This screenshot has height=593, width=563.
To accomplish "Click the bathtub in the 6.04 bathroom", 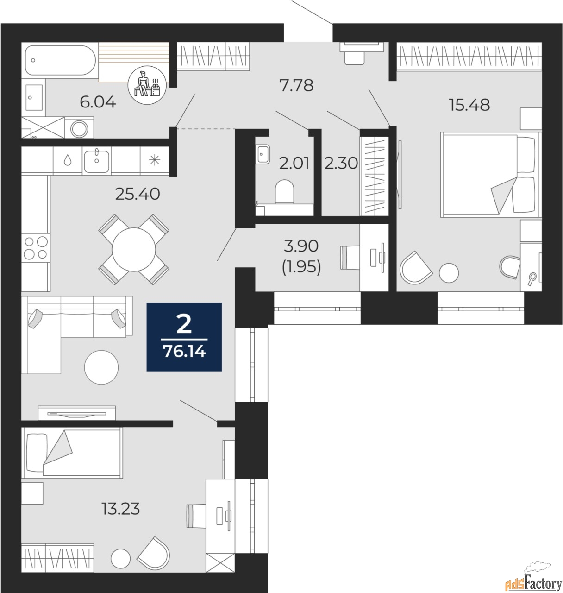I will pos(60,60).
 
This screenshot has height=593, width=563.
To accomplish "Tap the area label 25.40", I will pos(137,194).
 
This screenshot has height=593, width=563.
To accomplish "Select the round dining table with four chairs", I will pos(133,249).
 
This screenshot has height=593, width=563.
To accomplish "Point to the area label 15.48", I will pos(469,105).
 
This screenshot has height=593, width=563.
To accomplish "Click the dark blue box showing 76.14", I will pos(184,337).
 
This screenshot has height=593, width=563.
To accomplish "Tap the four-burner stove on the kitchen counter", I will pos(36,248).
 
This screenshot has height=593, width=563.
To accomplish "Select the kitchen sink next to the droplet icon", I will pos(97,160).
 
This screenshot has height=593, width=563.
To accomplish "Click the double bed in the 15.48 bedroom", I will pos(490,174).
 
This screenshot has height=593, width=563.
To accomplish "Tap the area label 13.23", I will pos(120,510).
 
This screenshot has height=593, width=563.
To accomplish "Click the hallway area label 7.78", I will pos(296,85).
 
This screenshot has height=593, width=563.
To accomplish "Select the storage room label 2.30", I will pos(341,164).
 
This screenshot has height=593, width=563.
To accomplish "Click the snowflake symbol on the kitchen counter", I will pos(153,160).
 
